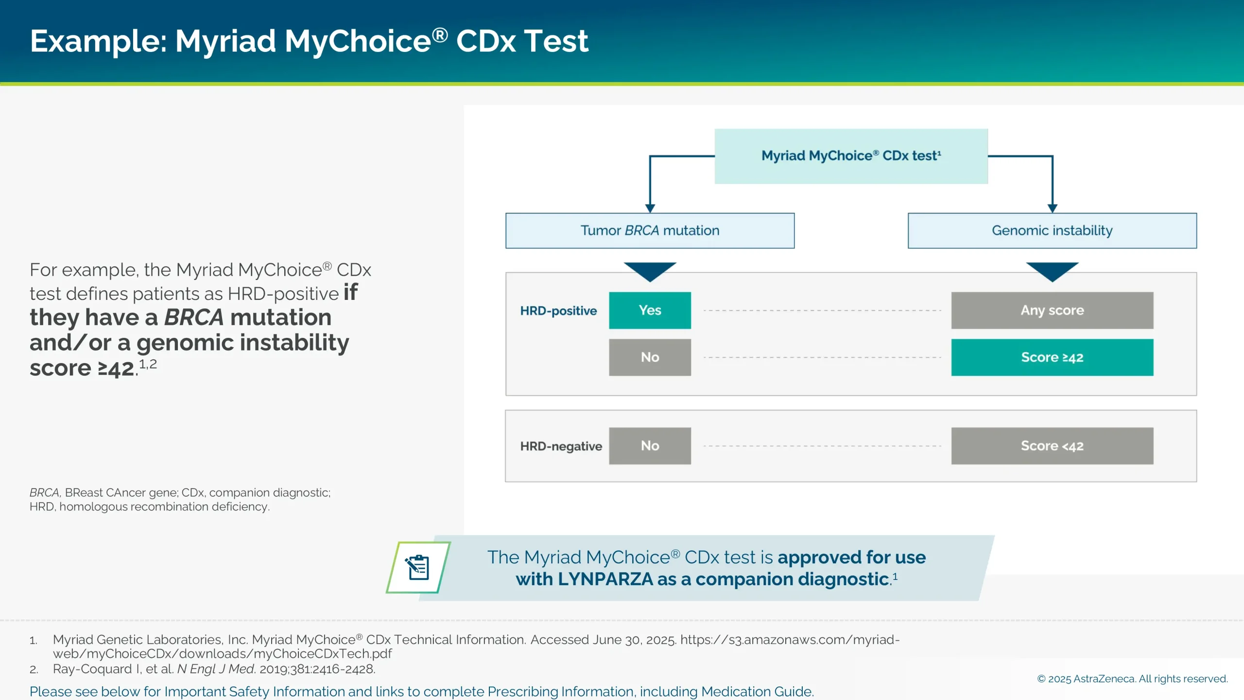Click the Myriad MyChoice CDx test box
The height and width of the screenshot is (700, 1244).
(851, 156)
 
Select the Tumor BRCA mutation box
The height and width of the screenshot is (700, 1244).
(650, 230)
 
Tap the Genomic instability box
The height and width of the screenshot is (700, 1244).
(1052, 230)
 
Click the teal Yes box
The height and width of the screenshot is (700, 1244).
(650, 310)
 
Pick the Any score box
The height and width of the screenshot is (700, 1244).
(1052, 310)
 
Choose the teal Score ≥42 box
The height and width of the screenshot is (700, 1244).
(1052, 357)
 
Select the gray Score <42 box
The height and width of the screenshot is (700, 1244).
(1052, 446)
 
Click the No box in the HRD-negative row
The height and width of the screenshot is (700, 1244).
(650, 446)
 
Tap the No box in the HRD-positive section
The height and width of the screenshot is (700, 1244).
(650, 357)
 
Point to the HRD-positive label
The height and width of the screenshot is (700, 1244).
(558, 311)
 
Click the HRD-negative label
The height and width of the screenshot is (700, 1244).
(561, 446)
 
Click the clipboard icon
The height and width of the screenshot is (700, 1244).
(418, 567)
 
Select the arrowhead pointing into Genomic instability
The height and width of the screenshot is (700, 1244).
(1053, 209)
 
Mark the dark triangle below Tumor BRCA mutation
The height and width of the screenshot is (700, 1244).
(650, 270)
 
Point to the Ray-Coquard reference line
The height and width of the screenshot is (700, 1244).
(214, 669)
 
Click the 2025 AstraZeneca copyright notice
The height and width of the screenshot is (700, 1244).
(1132, 679)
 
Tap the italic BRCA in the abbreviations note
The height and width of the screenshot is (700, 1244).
(44, 492)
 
